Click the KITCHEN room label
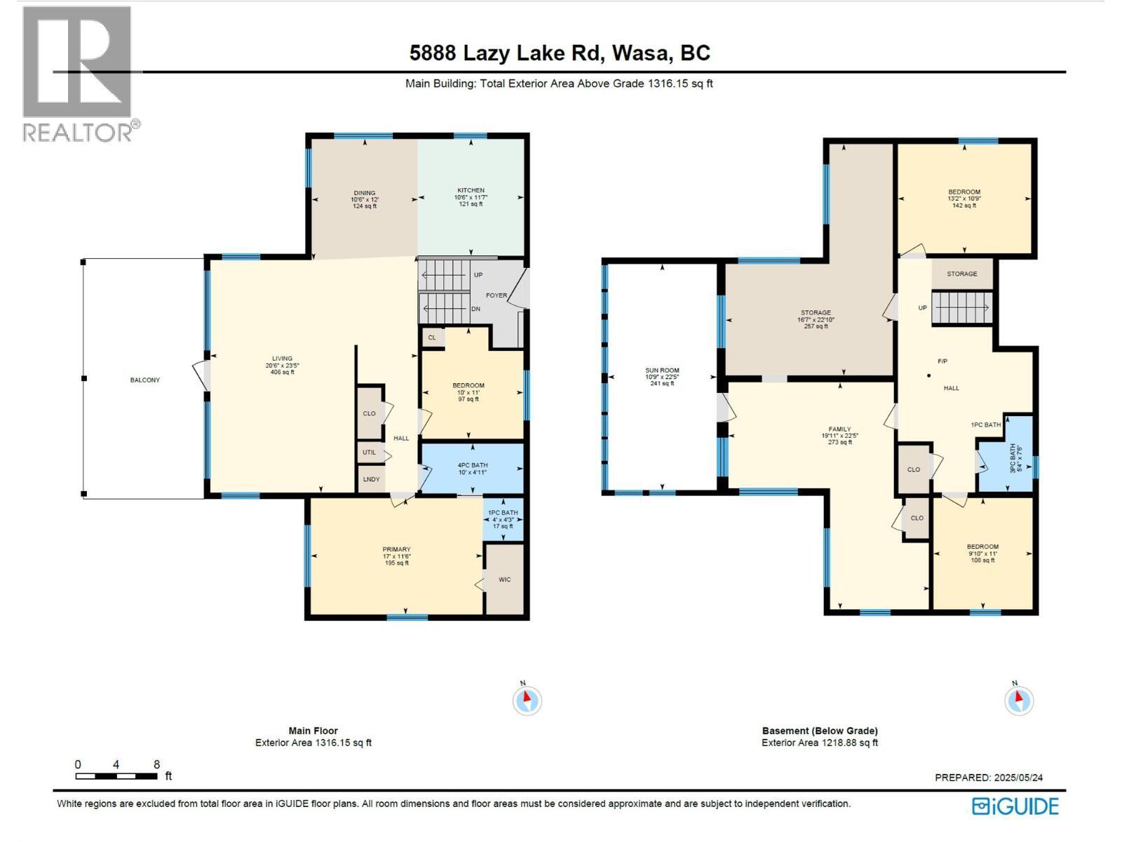pos(471,191)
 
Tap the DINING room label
pos(364,193)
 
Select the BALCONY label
pos(145,380)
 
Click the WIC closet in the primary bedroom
pos(504,580)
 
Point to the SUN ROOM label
pos(662,370)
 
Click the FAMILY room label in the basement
pos(839,429)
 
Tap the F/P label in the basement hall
pos(942,361)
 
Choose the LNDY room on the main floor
pos(371,479)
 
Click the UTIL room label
pos(370,453)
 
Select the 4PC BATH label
pos(473,465)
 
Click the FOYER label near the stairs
pos(496,295)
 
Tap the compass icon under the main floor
pos(527,699)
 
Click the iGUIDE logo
pos(1015,806)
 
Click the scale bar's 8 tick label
pos(156,765)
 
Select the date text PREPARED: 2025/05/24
pos(989,777)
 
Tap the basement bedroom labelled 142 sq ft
pos(964,199)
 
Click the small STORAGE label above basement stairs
pos(961,274)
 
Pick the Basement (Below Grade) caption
pos(820,730)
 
